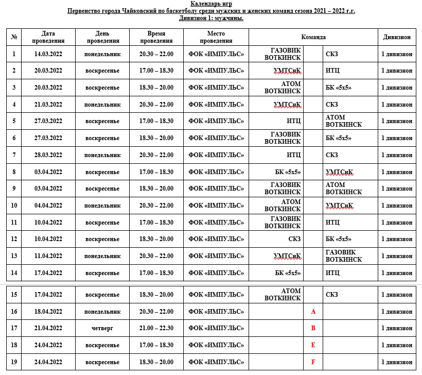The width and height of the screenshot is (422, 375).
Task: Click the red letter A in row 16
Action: (x=313, y=312)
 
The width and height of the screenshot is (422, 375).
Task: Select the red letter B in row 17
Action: (x=313, y=328)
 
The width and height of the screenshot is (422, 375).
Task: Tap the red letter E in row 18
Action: (x=313, y=345)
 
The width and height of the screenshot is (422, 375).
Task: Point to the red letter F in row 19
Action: (x=313, y=362)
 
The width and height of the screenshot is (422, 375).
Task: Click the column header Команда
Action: (x=313, y=37)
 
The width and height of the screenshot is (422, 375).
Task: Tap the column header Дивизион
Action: (x=396, y=37)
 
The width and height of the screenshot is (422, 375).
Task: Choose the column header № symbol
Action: (x=14, y=37)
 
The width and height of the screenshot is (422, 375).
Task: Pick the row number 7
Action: (x=14, y=155)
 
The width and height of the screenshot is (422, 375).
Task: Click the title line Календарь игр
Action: (x=212, y=4)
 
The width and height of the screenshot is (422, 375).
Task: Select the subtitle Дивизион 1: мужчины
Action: (x=212, y=18)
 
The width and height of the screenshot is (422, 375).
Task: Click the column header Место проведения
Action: (x=216, y=37)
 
